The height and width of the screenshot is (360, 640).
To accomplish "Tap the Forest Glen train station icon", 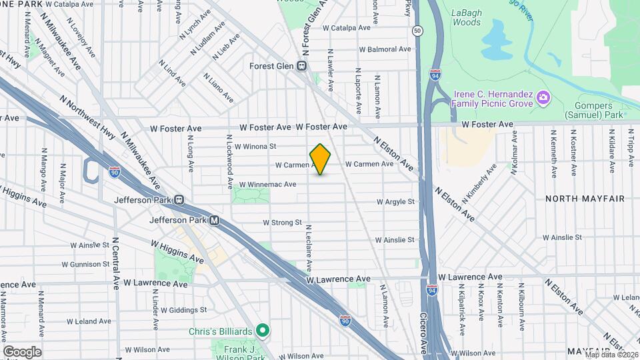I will [302, 66].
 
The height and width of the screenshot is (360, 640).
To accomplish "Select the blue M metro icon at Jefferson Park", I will [214, 220].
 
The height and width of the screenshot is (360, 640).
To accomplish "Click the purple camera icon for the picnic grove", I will [543, 99].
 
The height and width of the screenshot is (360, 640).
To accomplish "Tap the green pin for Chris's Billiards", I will [263, 330].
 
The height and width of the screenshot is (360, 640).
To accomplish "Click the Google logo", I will [22, 351].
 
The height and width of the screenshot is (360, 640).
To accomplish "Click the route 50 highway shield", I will [417, 31].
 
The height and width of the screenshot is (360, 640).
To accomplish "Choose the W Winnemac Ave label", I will [267, 184].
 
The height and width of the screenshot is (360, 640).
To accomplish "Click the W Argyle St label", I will [395, 201].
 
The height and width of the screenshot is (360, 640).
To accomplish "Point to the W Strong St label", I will [283, 223].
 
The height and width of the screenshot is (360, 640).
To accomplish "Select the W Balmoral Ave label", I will [385, 49].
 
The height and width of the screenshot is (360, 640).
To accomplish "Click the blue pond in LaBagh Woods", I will [495, 39].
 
